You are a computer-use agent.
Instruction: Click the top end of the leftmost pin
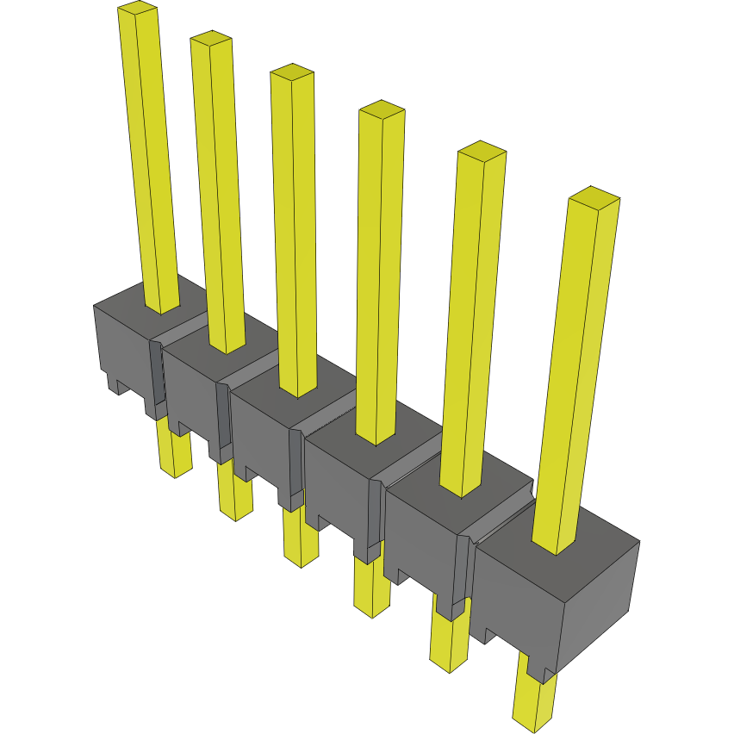coord(138,9)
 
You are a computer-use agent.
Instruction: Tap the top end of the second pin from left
coord(211,38)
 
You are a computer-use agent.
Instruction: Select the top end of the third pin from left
coord(291,72)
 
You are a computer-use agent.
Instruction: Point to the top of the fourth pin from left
coord(382,109)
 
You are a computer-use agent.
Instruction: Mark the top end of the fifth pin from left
coord(482,151)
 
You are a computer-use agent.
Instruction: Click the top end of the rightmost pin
coord(595,197)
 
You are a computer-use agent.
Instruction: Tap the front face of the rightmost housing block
coord(517,603)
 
